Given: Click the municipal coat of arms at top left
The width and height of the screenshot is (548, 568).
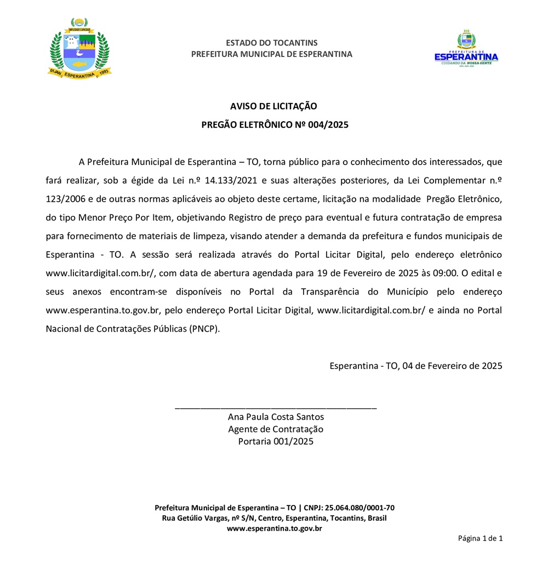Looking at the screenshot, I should [79, 49].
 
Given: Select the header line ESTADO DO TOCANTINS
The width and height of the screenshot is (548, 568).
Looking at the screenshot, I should [271, 43].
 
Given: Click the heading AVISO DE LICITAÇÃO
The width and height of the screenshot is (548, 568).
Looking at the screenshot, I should [273, 106].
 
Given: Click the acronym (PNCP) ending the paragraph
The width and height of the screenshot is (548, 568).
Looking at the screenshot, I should [204, 329].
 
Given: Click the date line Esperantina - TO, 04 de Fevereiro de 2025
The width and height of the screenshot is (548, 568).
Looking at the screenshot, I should [415, 366].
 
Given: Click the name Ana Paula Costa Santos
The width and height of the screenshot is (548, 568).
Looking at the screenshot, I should [276, 417].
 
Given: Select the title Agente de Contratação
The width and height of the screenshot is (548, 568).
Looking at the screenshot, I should [276, 429].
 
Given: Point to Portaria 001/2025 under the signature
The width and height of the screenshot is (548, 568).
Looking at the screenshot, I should [276, 441].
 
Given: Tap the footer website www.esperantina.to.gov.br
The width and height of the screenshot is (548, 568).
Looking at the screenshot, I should [274, 529].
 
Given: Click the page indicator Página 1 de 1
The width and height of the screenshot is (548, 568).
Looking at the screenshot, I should [480, 538].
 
